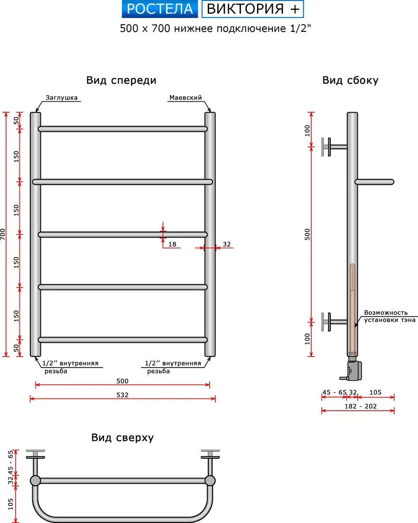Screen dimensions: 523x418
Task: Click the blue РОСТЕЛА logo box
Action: pyautogui.click(x=160, y=9)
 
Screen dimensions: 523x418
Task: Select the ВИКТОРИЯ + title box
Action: pyautogui.click(x=252, y=9)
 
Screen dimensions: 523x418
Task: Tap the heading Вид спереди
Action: pyautogui.click(x=121, y=80)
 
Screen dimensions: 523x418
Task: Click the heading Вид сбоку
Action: pyautogui.click(x=350, y=80)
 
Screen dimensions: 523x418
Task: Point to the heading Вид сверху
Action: pyautogui.click(x=122, y=437)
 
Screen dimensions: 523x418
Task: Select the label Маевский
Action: pyautogui.click(x=186, y=97)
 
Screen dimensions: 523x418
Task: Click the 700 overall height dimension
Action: pyautogui.click(x=3, y=234)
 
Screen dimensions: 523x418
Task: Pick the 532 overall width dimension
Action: pyautogui.click(x=122, y=395)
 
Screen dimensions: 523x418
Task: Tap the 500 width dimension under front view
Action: pyautogui.click(x=122, y=381)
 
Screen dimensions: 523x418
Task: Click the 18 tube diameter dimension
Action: pyautogui.click(x=172, y=244)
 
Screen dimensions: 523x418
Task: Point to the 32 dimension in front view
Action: pyautogui.click(x=226, y=244)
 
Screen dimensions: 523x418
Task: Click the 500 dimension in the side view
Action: pyautogui.click(x=307, y=234)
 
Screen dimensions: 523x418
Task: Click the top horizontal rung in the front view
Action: pyautogui.click(x=122, y=129)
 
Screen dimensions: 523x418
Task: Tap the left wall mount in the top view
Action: pyautogui.click(x=35, y=455)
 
